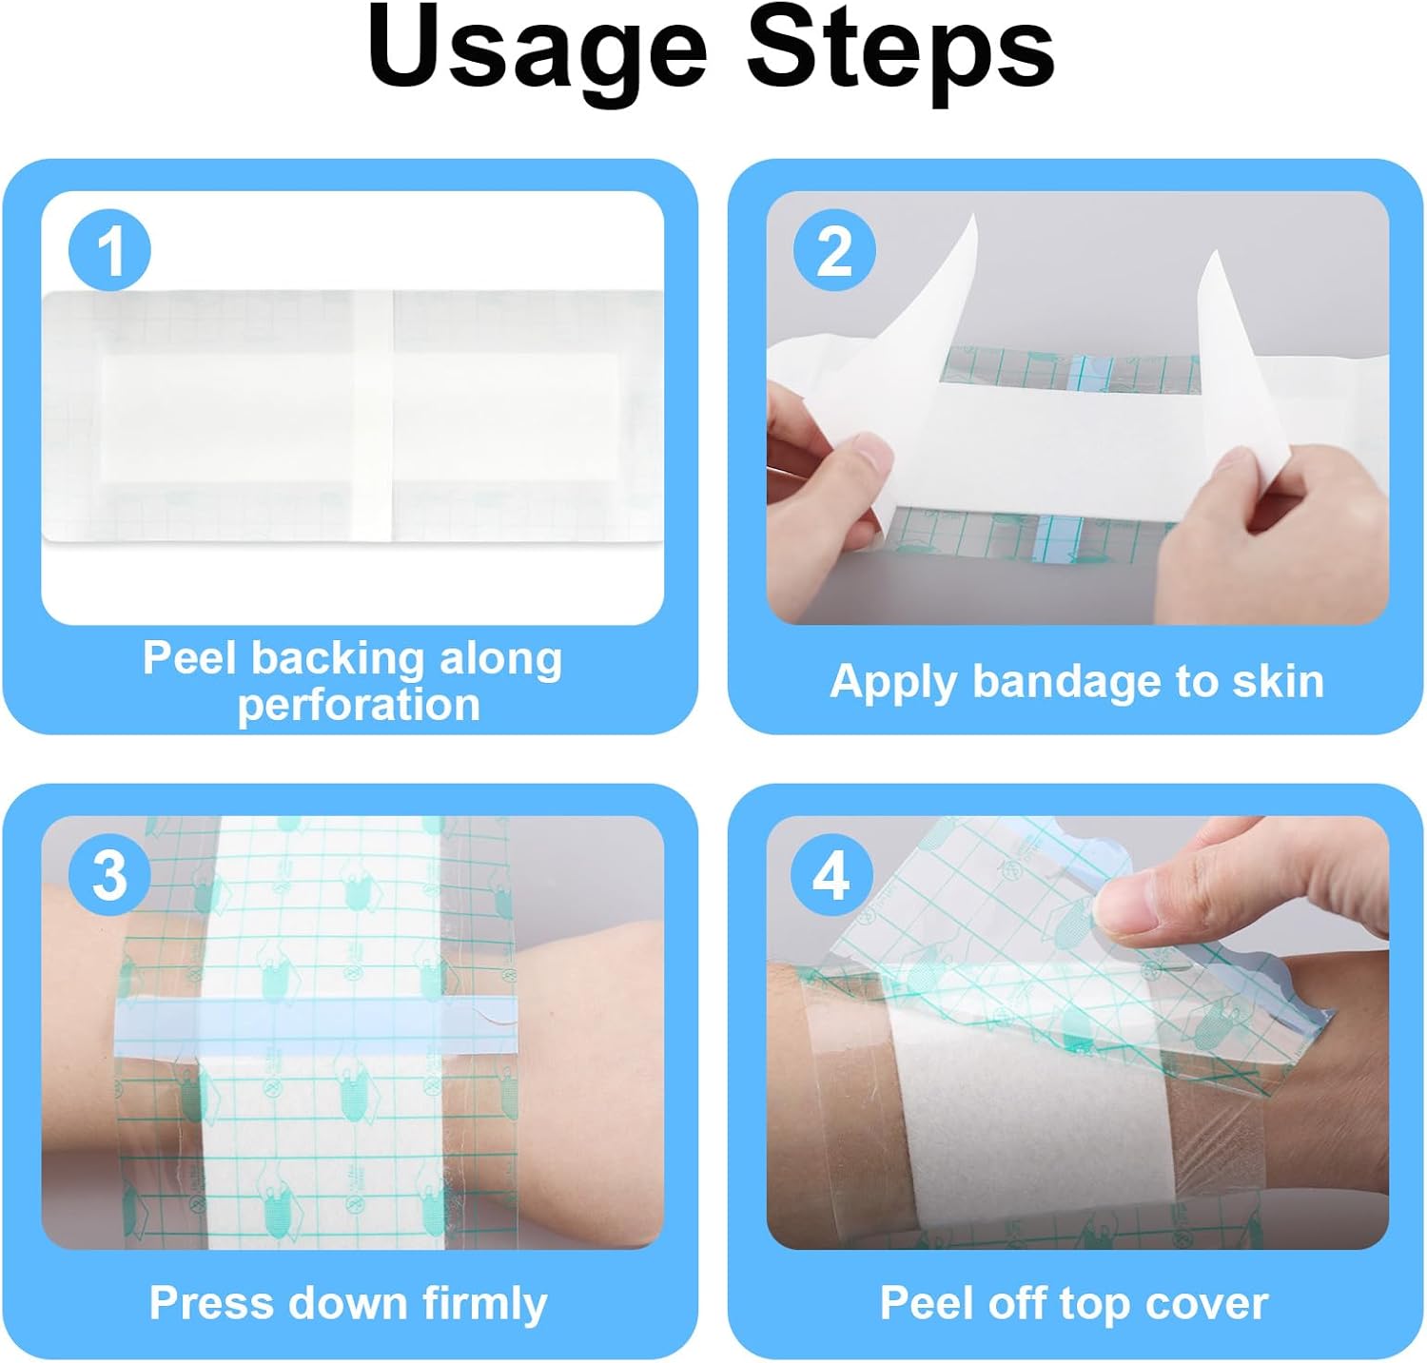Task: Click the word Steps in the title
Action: click(901, 48)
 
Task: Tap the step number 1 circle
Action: click(109, 251)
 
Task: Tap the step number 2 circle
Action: click(834, 251)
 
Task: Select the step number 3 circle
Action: click(109, 874)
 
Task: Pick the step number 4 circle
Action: click(832, 874)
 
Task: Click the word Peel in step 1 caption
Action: click(190, 657)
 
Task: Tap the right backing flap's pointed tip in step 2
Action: click(1214, 253)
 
